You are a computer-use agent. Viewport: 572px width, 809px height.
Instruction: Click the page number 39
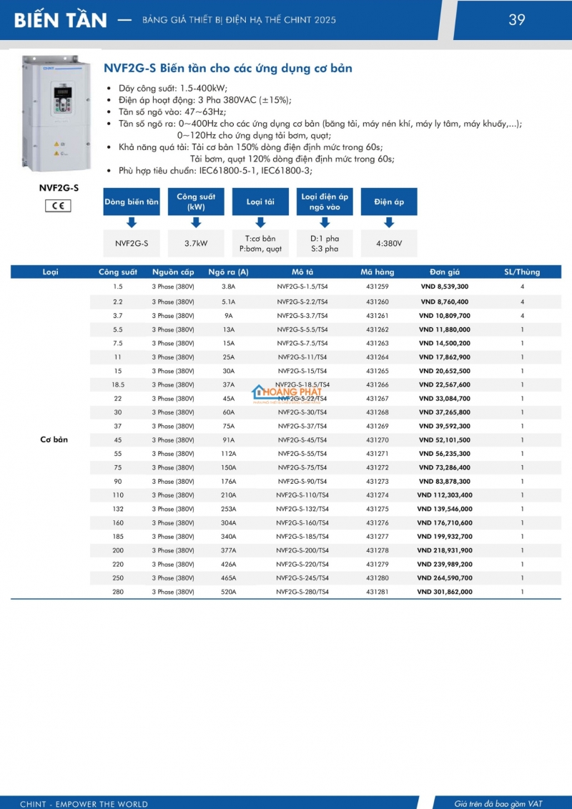517,20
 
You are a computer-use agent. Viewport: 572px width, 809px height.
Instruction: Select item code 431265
377,371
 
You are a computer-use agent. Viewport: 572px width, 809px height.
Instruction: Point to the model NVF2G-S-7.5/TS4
302,343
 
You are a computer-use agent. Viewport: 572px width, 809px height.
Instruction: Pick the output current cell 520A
228,592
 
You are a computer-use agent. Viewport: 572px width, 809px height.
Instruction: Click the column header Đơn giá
444,272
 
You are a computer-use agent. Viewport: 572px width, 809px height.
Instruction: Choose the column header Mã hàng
377,272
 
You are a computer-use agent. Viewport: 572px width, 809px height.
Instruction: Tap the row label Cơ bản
54,440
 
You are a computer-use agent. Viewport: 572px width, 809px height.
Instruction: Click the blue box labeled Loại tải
260,202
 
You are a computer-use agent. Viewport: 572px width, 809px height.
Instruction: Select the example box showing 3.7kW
196,243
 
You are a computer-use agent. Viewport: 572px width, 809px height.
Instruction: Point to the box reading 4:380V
389,243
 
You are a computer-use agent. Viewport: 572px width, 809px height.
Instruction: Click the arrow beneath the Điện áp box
389,222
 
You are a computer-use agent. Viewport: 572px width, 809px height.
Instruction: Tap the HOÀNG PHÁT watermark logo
287,394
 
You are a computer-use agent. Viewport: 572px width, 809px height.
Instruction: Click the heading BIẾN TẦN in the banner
61,20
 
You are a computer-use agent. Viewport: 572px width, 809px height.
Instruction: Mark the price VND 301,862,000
444,592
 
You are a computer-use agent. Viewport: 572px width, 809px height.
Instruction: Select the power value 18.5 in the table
118,384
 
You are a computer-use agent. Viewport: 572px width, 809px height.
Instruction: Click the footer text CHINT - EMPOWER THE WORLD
84,804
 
